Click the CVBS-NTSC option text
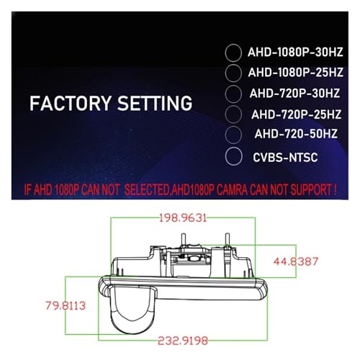tap(285, 158)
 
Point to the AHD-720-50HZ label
tap(296, 134)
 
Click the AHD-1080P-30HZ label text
tap(295, 53)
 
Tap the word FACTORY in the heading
tap(71, 103)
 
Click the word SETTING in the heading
tap(155, 103)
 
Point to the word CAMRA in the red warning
tap(231, 190)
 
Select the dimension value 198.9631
tap(183, 218)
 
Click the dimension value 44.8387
tap(296, 261)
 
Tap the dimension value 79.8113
tap(66, 306)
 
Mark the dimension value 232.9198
tap(183, 341)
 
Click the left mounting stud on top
tap(184, 239)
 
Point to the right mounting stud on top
tap(227, 239)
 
